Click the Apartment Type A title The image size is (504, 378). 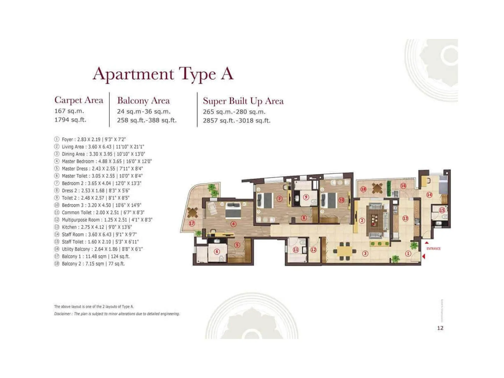point(163,74)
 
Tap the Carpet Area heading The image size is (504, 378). point(79,100)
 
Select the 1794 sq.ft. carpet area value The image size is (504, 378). point(70,120)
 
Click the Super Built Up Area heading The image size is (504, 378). point(243,101)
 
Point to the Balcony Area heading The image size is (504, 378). point(143,100)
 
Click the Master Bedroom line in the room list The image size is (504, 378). point(106,161)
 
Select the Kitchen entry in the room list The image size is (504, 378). point(96,227)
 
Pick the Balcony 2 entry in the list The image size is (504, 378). point(93,264)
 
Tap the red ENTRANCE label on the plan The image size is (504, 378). point(433,249)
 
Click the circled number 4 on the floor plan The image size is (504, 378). point(233,224)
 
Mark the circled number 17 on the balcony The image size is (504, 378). point(192,223)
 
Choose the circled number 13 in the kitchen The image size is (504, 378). point(405,218)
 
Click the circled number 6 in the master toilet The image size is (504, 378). point(217,251)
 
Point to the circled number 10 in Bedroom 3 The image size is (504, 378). point(341,200)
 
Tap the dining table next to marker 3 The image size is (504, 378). point(345,251)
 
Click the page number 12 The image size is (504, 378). point(440,328)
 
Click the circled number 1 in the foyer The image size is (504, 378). point(408,253)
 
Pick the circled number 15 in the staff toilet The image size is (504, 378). point(442,210)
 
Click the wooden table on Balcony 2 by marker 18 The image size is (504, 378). point(377,188)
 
